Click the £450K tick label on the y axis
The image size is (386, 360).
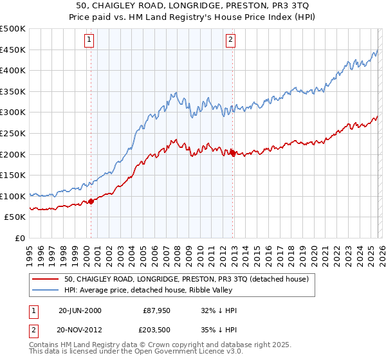coord(13,50)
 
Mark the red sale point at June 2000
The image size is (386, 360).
coord(91,201)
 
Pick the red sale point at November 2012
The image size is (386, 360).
coord(232,152)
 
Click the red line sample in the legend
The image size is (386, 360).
coord(46,279)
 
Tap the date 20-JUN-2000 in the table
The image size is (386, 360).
coord(80,310)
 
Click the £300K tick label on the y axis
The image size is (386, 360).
coord(13,113)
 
